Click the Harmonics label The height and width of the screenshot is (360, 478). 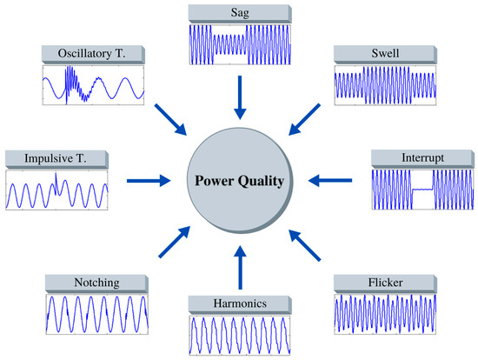(x=236, y=303)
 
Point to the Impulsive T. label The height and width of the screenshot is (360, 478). (x=56, y=159)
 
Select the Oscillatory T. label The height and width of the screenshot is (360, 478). (x=91, y=55)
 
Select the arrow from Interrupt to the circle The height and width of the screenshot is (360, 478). (x=329, y=181)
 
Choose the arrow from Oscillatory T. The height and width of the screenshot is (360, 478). (x=170, y=118)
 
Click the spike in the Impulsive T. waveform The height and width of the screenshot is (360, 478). (x=56, y=180)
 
